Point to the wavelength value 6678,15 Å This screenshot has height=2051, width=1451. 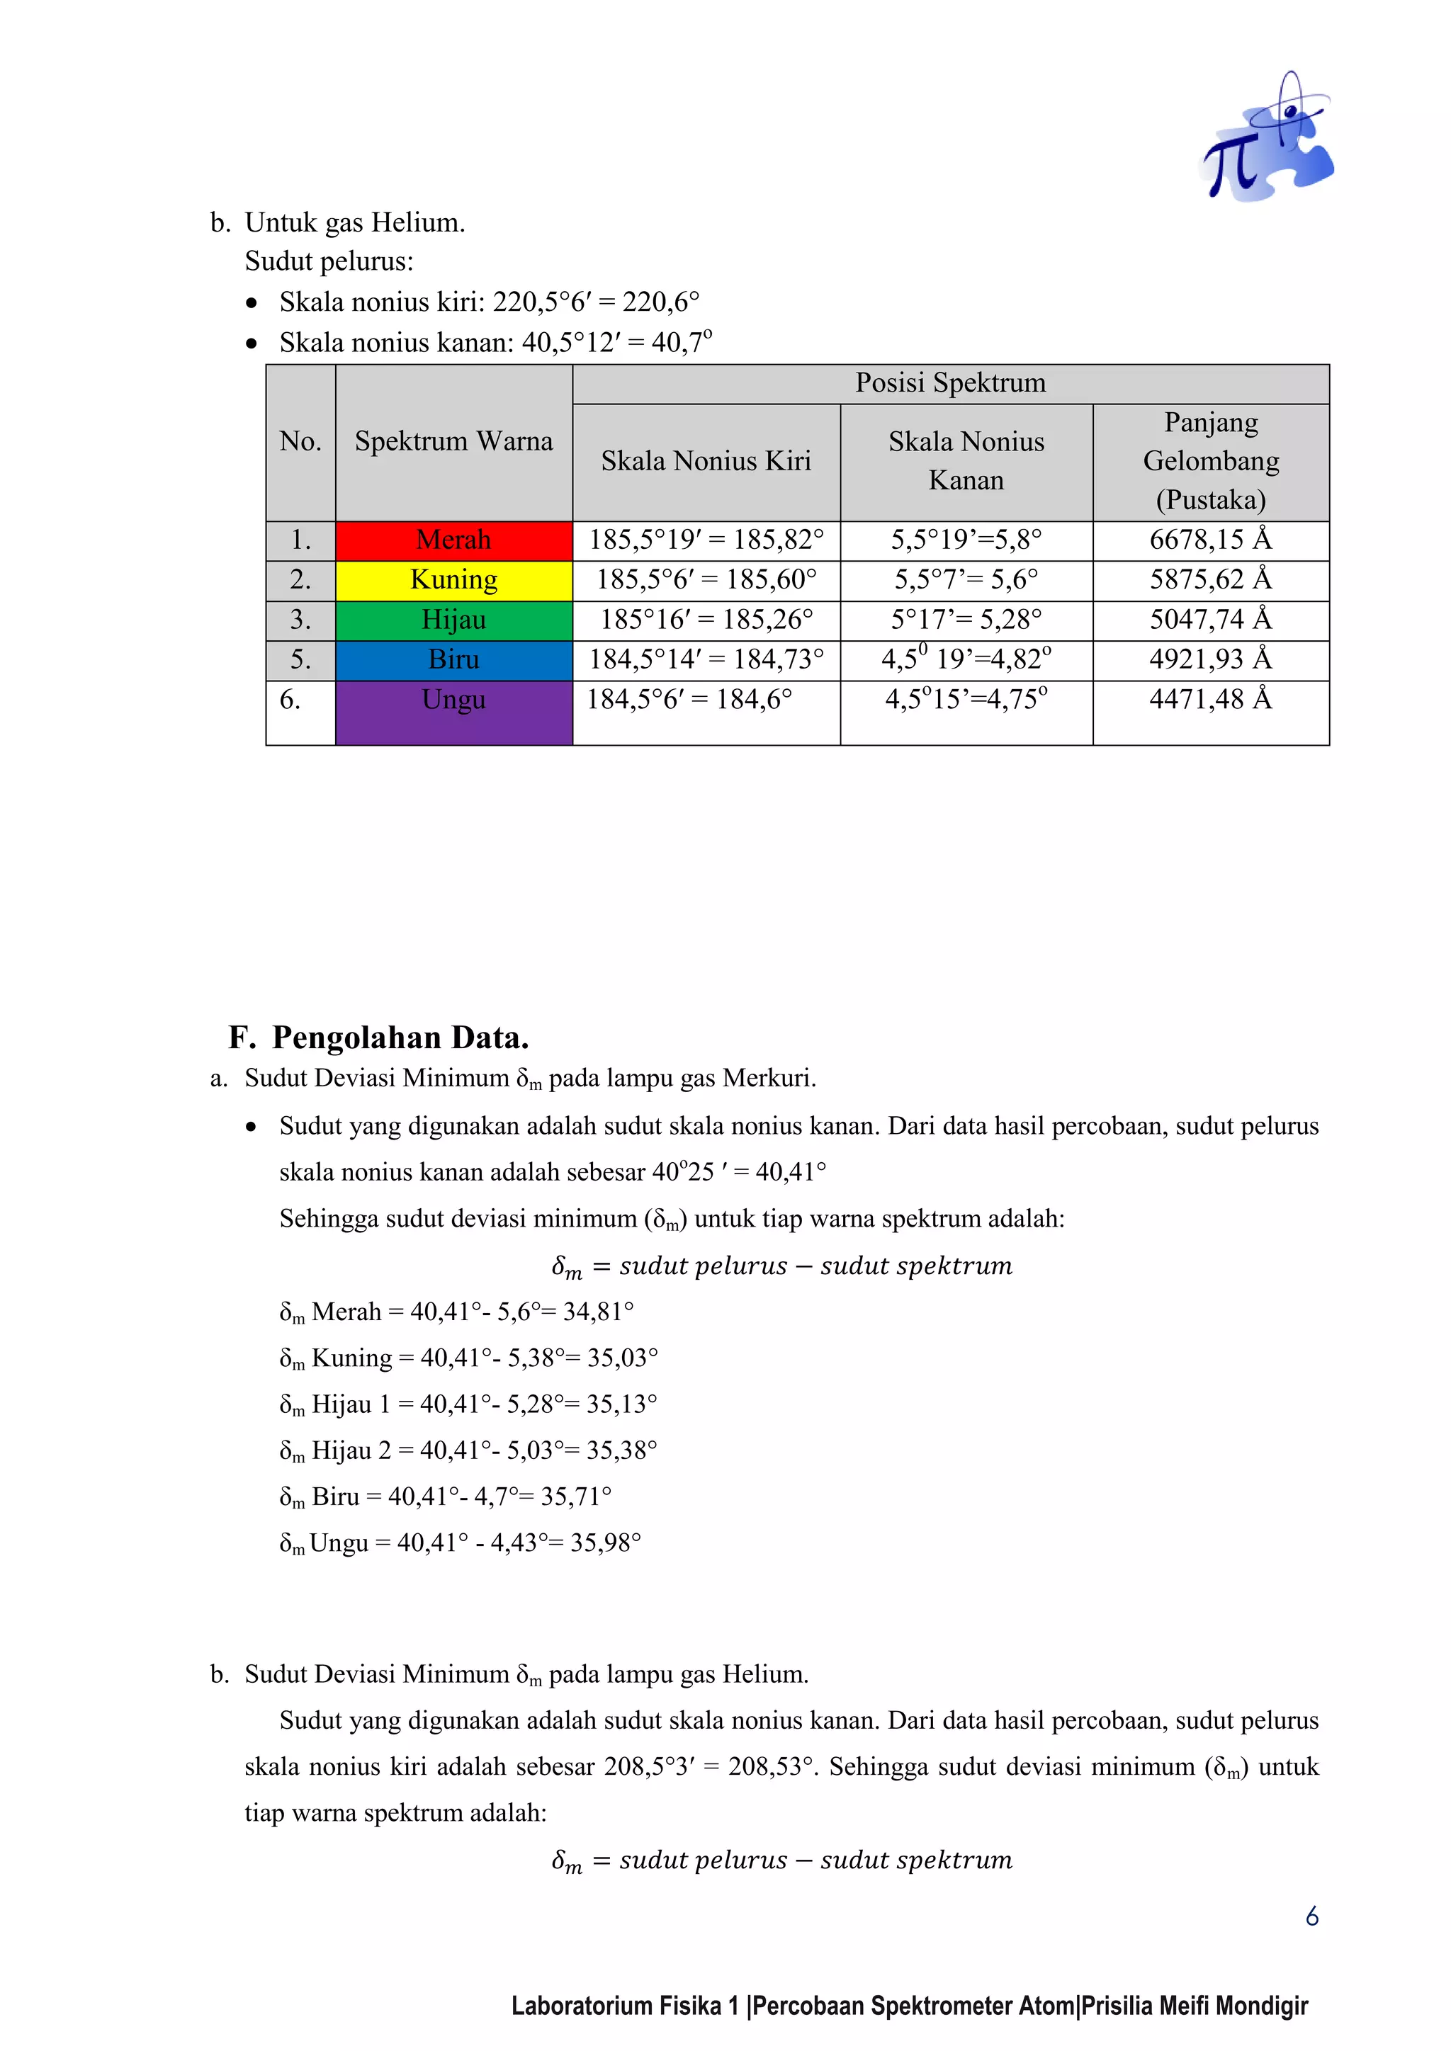click(1210, 540)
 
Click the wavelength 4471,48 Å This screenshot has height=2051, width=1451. click(1210, 700)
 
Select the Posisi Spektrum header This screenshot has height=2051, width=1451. click(950, 383)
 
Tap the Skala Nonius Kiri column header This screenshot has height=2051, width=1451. click(706, 461)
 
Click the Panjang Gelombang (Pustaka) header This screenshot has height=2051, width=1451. click(1211, 461)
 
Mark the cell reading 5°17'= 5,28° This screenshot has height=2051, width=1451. click(966, 620)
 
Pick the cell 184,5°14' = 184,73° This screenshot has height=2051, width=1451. click(706, 660)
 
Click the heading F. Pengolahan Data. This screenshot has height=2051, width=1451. click(379, 1038)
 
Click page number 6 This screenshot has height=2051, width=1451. click(1311, 1917)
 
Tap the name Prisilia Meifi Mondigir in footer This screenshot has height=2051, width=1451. click(1195, 2006)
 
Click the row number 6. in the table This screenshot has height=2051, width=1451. click(290, 700)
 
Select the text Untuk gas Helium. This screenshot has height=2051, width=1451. click(355, 222)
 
